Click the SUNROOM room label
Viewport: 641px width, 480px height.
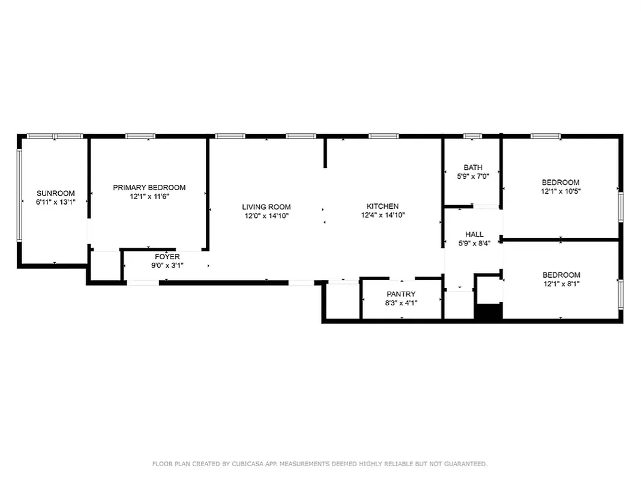coord(56,193)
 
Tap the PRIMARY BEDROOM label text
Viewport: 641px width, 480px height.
coord(149,188)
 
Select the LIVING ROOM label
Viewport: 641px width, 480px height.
coord(266,207)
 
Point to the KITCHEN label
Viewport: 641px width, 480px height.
coord(383,206)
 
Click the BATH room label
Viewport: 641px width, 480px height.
coord(473,167)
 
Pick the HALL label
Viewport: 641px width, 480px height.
coord(474,235)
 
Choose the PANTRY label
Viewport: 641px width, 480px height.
coord(401,294)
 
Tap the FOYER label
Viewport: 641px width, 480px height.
coord(167,257)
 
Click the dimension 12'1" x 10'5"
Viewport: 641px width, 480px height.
coord(561,191)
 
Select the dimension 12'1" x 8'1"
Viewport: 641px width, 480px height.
coord(561,284)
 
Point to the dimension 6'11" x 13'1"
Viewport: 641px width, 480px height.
coord(56,202)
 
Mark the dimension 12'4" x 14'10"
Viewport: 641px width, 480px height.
coord(383,215)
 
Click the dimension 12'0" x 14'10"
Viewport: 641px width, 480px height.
coord(266,216)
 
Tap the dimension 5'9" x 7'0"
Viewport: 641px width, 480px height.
coord(473,176)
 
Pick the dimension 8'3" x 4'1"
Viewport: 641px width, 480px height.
coord(401,303)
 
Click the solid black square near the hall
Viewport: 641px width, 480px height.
coord(488,312)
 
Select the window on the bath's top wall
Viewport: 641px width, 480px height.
coord(472,136)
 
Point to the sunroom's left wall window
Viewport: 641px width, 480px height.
coord(20,195)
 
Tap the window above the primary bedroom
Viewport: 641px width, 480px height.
coord(140,136)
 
